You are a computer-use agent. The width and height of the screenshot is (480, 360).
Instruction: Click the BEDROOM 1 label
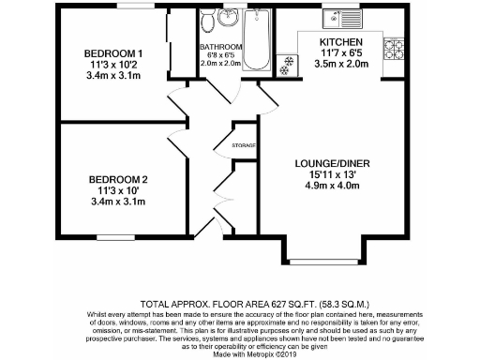113,52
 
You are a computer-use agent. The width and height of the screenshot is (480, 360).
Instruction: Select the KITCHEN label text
340,43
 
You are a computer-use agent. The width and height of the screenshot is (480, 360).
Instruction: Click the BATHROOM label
220,47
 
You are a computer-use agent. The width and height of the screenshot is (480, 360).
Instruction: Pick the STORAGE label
246,145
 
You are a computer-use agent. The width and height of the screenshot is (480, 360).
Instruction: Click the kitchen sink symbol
333,17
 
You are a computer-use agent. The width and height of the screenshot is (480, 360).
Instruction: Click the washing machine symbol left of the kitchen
287,62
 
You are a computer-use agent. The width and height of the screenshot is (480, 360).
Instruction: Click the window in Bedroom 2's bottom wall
118,236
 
